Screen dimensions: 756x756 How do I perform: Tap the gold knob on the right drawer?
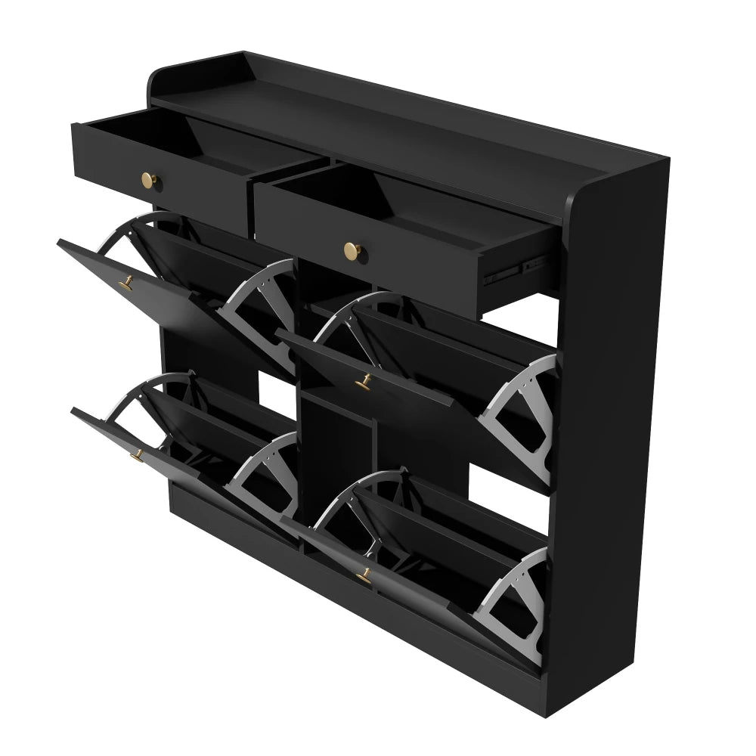[351, 249]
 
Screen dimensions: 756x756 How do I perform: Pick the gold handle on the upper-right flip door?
[364, 382]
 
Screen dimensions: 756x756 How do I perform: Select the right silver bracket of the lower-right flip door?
[514, 601]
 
